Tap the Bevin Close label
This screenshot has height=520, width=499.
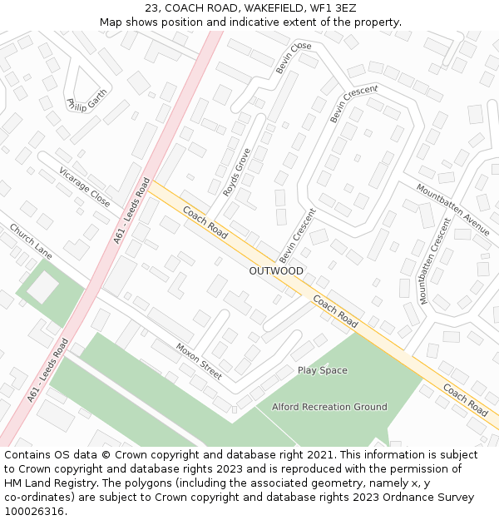pos(294,57)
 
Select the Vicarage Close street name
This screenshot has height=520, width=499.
pos(85,187)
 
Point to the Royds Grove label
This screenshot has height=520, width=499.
pos(237,172)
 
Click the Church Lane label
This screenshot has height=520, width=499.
pos(31,240)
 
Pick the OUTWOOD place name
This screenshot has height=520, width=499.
pos(276,271)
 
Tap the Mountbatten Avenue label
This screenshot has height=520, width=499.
pos(453,210)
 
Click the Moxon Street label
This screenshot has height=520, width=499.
pos(199,361)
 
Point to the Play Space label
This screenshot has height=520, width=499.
pos(323,370)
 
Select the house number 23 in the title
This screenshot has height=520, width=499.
pos(151,7)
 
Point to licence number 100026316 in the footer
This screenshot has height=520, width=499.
pos(33,512)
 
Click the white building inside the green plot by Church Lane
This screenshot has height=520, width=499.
pos(43,288)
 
